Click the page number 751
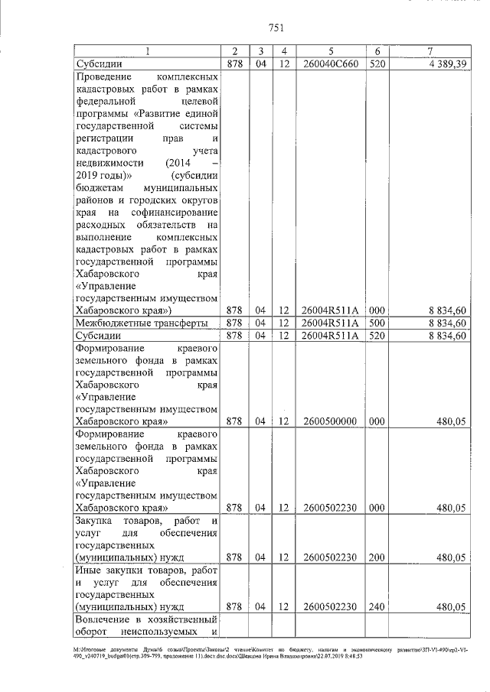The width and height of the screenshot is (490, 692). click(276, 28)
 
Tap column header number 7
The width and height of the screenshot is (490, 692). click(430, 51)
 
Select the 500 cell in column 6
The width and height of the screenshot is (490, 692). click(376, 323)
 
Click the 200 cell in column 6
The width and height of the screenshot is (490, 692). click(376, 557)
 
